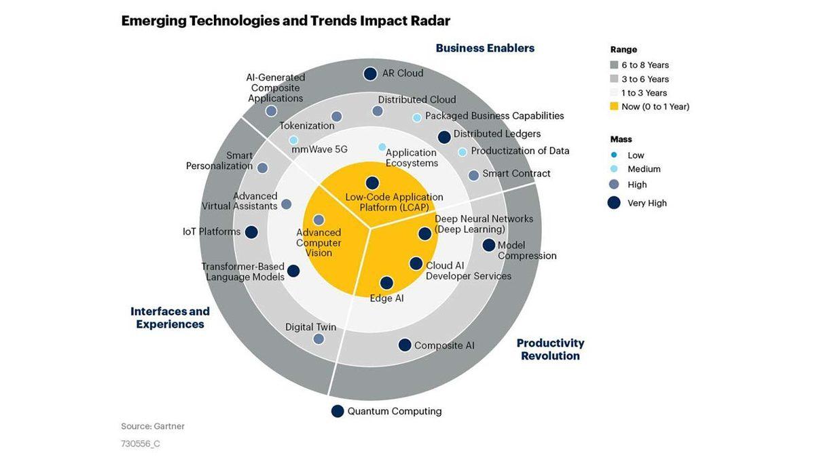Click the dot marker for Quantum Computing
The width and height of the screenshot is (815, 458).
pyautogui.click(x=338, y=411)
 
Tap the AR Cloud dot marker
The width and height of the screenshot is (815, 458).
pyautogui.click(x=370, y=74)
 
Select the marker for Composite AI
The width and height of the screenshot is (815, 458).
pyautogui.click(x=405, y=345)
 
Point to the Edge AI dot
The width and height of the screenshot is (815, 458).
pyautogui.click(x=386, y=283)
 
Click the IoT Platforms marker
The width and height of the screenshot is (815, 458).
pyautogui.click(x=251, y=232)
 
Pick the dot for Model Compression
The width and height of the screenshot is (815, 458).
pyautogui.click(x=489, y=245)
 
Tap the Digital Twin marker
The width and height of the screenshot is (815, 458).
pyautogui.click(x=319, y=339)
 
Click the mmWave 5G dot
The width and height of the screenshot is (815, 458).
pyautogui.click(x=293, y=140)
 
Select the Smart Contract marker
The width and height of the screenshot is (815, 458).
pyautogui.click(x=473, y=175)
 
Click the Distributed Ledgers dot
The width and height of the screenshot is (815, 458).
pyautogui.click(x=444, y=137)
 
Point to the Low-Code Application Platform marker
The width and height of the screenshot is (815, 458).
pyautogui.click(x=372, y=183)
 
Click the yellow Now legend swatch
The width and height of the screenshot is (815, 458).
pyautogui.click(x=614, y=107)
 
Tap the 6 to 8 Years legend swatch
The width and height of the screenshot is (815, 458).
pyautogui.click(x=614, y=65)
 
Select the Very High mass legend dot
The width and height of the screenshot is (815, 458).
pyautogui.click(x=614, y=202)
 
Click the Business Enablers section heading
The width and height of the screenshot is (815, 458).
pyautogui.click(x=485, y=48)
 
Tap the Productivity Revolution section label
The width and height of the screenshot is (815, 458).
pyautogui.click(x=550, y=349)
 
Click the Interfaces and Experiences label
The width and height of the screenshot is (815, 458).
pyautogui.click(x=170, y=318)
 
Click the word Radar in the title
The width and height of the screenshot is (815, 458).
pyautogui.click(x=431, y=20)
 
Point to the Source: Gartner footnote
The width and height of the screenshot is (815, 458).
pyautogui.click(x=153, y=426)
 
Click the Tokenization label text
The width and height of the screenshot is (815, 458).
pyautogui.click(x=307, y=126)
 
